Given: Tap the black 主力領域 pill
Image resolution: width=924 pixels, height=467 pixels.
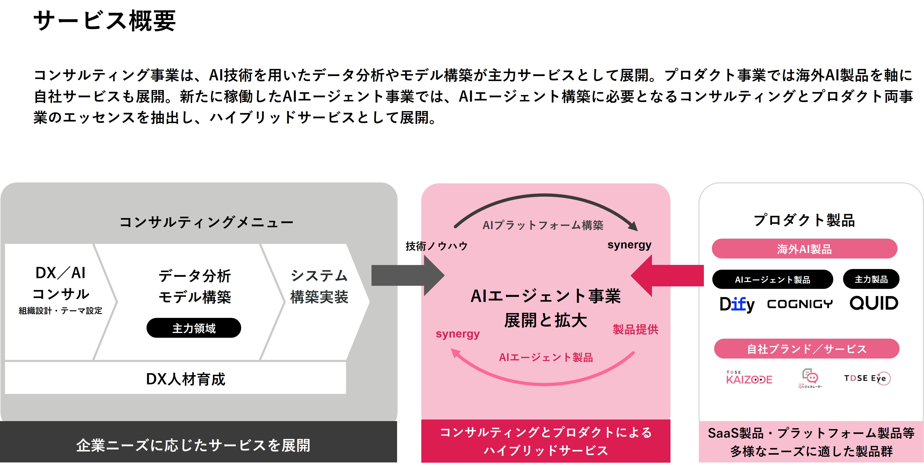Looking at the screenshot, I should tap(194, 328).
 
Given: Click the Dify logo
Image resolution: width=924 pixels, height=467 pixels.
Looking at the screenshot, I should tap(737, 304).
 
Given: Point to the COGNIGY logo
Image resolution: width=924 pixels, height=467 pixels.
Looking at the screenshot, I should tap(800, 304).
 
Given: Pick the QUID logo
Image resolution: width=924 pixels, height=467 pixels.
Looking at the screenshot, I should tap(873, 303).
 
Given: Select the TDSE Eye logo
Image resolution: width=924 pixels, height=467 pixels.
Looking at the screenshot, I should tap(867, 378).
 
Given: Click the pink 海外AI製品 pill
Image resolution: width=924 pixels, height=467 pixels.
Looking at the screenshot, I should tap(804, 249).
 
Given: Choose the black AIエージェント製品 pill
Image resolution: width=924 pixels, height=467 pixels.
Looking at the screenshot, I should tap(772, 280).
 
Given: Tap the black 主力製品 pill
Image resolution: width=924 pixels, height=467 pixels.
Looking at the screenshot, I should tap(871, 279).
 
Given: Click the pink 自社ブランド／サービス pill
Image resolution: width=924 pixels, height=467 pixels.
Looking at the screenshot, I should tap(806, 349).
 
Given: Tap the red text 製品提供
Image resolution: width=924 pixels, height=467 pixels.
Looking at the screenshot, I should tap(635, 329).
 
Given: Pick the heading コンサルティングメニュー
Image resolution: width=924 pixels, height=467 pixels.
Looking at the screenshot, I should tap(206, 222).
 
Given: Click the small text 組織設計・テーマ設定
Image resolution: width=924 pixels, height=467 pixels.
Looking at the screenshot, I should tap(60, 311).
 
